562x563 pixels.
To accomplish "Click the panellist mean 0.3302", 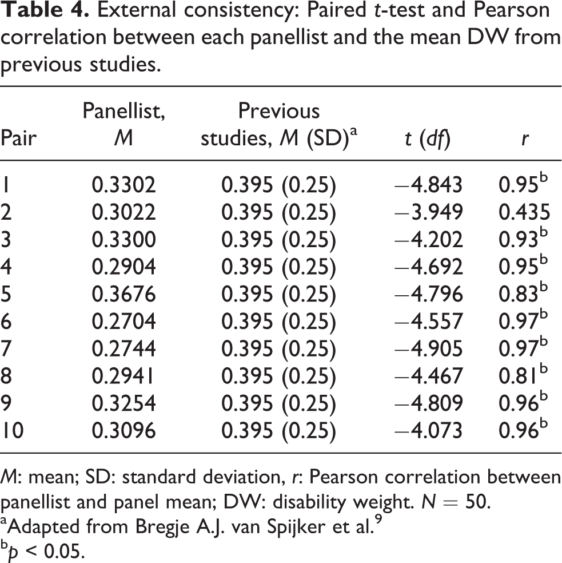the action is click(124, 185).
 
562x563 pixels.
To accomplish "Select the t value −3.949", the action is click(428, 212).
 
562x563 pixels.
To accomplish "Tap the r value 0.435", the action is click(524, 212).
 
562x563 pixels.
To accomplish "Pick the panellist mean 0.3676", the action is click(124, 294).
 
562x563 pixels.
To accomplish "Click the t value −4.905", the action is click(428, 348).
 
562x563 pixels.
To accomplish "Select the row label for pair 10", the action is click(12, 430).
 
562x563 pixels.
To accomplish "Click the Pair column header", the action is click(19, 138).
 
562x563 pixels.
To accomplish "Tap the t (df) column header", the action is click(427, 139).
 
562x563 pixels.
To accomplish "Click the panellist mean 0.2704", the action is click(124, 322).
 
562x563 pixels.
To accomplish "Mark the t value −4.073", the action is click(428, 430).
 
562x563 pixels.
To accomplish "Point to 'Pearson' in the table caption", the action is click(511, 9).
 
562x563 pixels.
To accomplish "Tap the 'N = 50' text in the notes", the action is click(456, 502).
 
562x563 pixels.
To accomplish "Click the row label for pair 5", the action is click(6, 294).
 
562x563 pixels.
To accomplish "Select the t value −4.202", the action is click(428, 240).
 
